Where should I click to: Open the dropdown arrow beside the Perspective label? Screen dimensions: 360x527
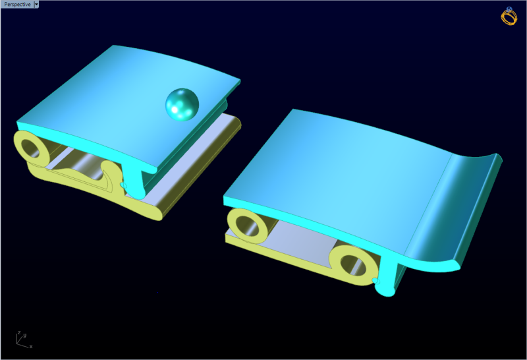point(37,4)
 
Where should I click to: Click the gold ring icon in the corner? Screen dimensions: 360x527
point(510,16)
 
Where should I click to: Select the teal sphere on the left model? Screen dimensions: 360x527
point(181,104)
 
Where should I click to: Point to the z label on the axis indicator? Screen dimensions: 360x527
point(20,333)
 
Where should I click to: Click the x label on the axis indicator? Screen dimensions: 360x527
point(30,345)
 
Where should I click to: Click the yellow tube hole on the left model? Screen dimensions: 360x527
point(31,148)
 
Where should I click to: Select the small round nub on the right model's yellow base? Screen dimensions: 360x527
point(376,282)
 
